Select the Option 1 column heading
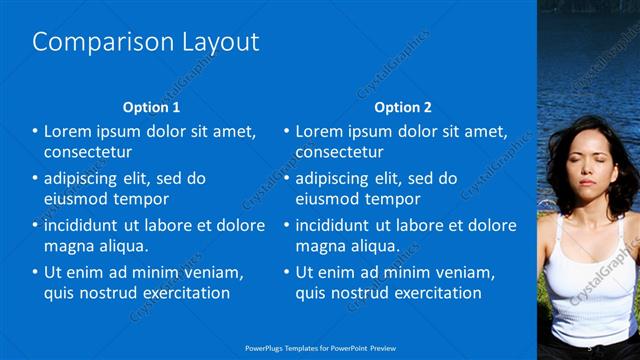[x=152, y=107]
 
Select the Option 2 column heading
[x=404, y=107]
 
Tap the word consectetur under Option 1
[x=88, y=152]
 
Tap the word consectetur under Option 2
[x=340, y=152]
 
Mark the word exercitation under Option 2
[x=436, y=293]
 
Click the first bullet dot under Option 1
[x=36, y=132]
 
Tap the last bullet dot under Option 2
[x=288, y=272]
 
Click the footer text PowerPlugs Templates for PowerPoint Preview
[x=320, y=348]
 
